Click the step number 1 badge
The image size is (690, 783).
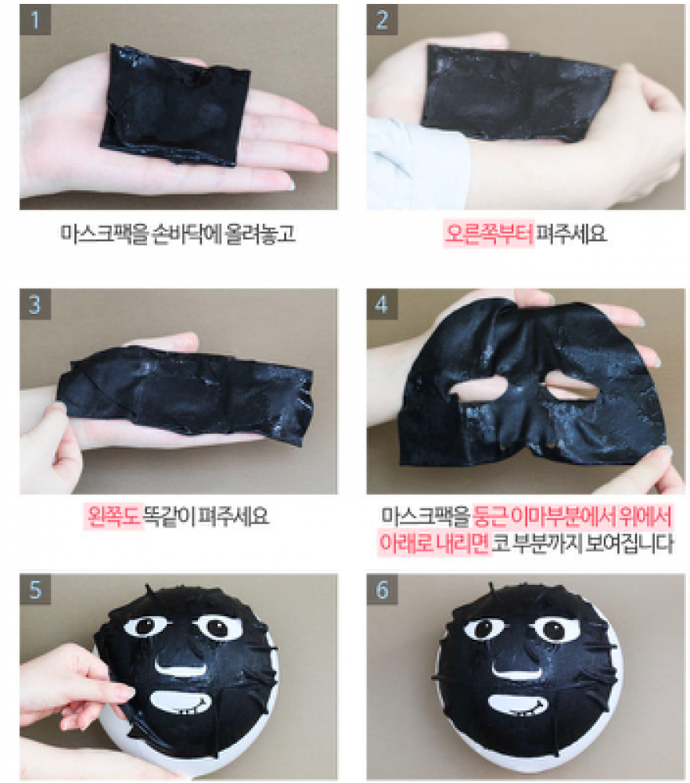click(35, 20)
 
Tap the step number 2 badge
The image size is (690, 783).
click(382, 20)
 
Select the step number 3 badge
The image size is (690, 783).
click(35, 304)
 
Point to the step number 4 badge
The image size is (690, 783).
click(382, 304)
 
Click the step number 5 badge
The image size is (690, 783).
click(35, 590)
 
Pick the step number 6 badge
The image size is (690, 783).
click(382, 590)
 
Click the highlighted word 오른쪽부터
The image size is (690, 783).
click(489, 233)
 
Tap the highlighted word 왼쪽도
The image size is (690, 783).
click(113, 516)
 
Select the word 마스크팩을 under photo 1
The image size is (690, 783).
click(105, 233)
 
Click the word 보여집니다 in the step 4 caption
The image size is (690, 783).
click(630, 543)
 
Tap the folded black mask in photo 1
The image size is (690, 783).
click(174, 105)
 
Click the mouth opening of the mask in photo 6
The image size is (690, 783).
click(518, 705)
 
